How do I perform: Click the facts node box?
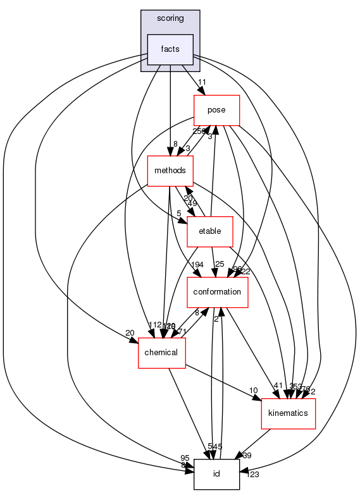(x=170, y=49)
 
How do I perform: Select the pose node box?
(x=216, y=110)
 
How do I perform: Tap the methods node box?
(x=170, y=171)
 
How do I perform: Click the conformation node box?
(x=217, y=291)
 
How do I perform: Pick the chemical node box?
(x=161, y=352)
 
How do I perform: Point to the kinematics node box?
(x=289, y=413)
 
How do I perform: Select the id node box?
(x=216, y=474)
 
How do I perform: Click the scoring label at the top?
(x=170, y=18)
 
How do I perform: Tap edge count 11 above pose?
(x=202, y=83)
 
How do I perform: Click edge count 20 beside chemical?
(x=130, y=333)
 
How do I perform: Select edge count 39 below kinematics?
(x=247, y=456)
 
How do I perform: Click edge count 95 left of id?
(x=185, y=458)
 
